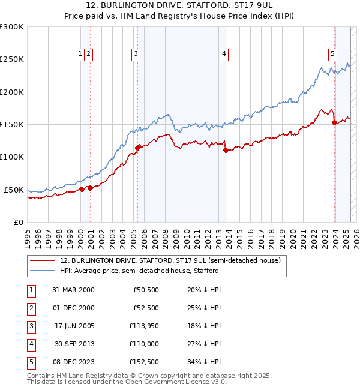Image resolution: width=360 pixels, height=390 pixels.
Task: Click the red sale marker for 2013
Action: (x=226, y=151)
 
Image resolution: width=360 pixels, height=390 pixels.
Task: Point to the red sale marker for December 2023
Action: (x=334, y=123)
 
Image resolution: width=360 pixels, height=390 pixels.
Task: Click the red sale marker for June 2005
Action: (x=138, y=147)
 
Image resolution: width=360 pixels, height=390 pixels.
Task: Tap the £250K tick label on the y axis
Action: (x=12, y=59)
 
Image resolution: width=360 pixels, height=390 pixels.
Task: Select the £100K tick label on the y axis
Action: (x=12, y=157)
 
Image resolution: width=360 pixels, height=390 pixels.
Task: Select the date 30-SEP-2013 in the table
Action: (x=74, y=344)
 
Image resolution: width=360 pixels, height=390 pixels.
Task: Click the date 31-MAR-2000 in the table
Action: (x=74, y=290)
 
